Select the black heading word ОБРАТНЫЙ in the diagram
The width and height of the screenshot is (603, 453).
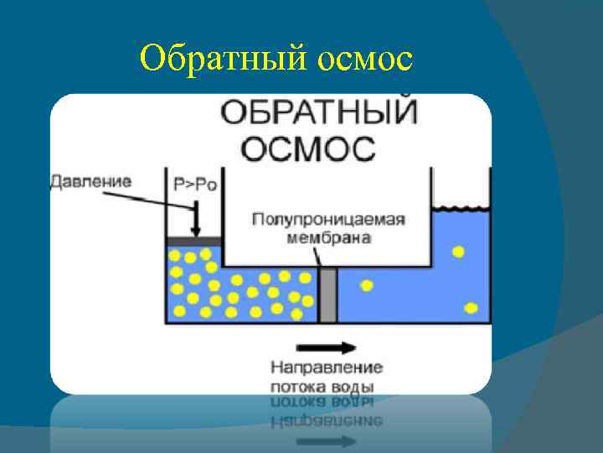(319, 113)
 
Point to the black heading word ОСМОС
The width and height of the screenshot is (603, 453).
(308, 148)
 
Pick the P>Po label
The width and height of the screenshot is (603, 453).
(195, 184)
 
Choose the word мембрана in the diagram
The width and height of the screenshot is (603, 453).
(328, 237)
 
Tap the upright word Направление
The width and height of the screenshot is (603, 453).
(327, 367)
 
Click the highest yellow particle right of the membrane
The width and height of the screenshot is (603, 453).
(457, 252)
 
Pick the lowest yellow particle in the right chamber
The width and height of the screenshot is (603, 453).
(471, 308)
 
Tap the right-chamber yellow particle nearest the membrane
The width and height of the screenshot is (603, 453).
(366, 285)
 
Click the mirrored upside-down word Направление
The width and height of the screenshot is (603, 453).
(327, 419)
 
